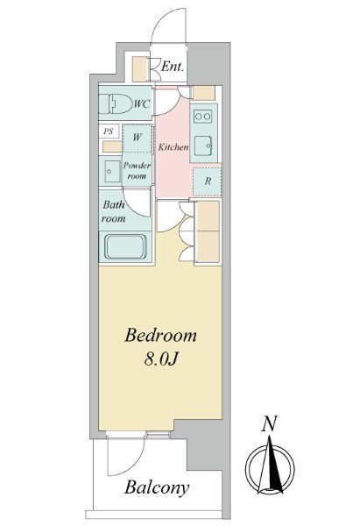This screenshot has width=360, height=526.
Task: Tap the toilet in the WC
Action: click(x=114, y=104)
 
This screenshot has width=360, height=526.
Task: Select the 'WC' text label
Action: click(x=141, y=104)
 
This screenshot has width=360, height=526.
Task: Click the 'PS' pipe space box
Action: click(x=109, y=131)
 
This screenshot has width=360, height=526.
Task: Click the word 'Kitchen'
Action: click(x=173, y=147)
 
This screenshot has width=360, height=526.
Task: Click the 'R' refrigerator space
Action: click(x=207, y=181)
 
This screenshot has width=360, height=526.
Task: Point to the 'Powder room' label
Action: click(x=138, y=170)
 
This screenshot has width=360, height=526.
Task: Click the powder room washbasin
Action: click(x=111, y=169)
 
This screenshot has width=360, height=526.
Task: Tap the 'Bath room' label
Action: click(x=114, y=211)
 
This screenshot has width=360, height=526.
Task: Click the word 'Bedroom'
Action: click(x=160, y=336)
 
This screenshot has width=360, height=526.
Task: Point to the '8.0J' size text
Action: click(x=161, y=359)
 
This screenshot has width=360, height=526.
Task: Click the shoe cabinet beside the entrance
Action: click(x=140, y=68)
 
